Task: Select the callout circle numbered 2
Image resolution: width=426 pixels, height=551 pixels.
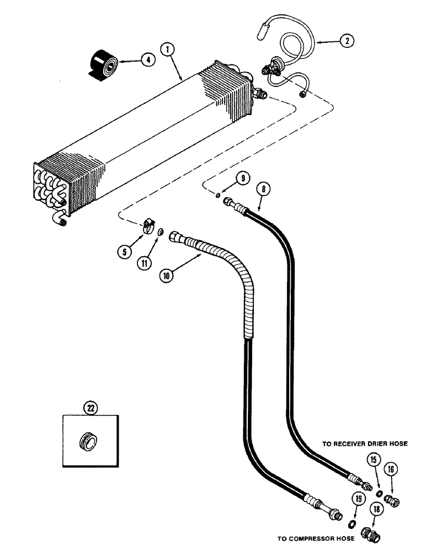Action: (345, 40)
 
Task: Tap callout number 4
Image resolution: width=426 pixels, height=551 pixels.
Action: (147, 60)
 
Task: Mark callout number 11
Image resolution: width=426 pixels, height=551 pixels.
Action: (145, 263)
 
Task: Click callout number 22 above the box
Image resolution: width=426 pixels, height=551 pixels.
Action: (89, 409)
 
